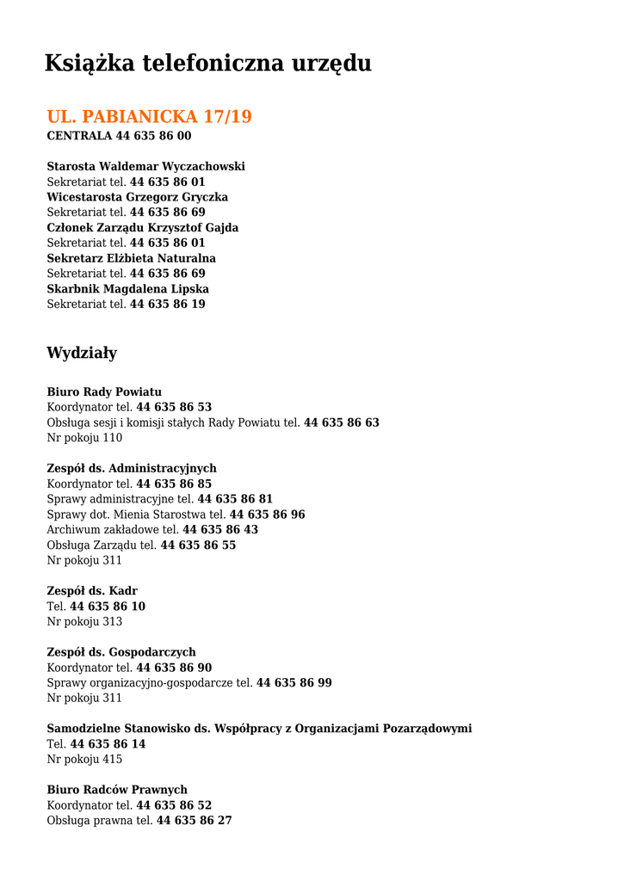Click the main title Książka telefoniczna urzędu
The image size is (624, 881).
tap(207, 63)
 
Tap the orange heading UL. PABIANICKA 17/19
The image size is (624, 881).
tap(149, 116)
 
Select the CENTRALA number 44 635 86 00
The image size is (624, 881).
tap(153, 136)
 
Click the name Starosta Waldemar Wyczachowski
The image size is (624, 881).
tap(145, 166)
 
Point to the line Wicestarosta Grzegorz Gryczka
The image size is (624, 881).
tap(137, 197)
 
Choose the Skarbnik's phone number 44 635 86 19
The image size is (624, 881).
tap(168, 304)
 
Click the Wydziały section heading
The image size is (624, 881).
tap(82, 353)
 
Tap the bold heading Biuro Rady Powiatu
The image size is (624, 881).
tap(104, 392)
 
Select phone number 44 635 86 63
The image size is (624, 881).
tap(342, 422)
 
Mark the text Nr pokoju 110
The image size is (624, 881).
tap(84, 438)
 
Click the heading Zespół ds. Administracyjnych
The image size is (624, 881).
tap(132, 469)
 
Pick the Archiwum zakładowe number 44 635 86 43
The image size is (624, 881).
tap(220, 530)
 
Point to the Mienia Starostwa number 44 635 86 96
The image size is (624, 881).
tap(268, 514)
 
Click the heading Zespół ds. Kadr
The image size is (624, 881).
tap(92, 591)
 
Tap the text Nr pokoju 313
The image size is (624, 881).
tap(84, 621)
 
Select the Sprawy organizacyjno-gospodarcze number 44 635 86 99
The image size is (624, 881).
tap(294, 682)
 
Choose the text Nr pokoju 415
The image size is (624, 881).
tap(84, 759)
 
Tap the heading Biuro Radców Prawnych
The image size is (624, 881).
tap(117, 790)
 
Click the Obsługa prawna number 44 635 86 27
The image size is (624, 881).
tap(195, 821)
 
